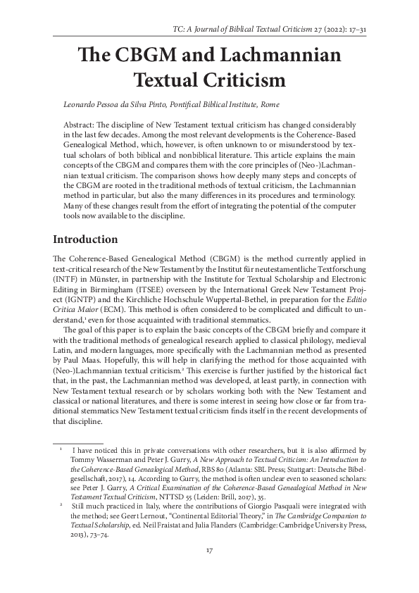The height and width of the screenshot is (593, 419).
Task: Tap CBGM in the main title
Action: coord(149,56)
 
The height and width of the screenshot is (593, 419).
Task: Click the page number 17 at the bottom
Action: coord(209,549)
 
